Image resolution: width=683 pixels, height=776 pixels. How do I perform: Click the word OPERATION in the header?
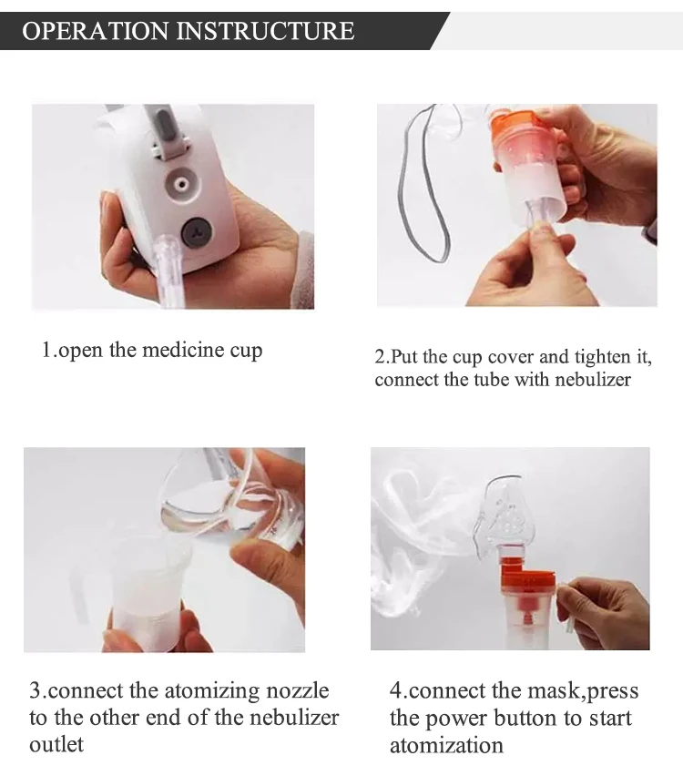[x=96, y=31]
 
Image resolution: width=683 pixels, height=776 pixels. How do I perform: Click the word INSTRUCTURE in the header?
[x=265, y=31]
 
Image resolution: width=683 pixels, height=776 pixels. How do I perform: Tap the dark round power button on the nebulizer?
[x=197, y=232]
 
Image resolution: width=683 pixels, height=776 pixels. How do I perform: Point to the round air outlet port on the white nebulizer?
[x=182, y=185]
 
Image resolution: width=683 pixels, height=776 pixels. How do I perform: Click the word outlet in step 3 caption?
[x=56, y=744]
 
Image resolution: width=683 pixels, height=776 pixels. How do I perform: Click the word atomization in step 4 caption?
[x=446, y=745]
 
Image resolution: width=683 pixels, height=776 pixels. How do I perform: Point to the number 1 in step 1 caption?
[x=46, y=350]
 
